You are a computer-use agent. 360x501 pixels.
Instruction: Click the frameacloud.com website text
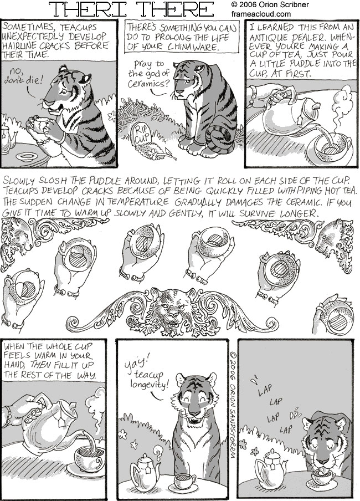pyautogui.click(x=261, y=14)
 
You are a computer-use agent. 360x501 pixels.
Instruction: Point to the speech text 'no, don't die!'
pyautogui.click(x=23, y=76)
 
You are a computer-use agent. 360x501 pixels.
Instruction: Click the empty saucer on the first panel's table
pyautogui.click(x=27, y=156)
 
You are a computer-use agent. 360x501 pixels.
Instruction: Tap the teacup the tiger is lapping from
pyautogui.click(x=323, y=477)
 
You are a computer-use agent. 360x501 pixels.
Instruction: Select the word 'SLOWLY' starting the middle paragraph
pyautogui.click(x=18, y=180)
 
